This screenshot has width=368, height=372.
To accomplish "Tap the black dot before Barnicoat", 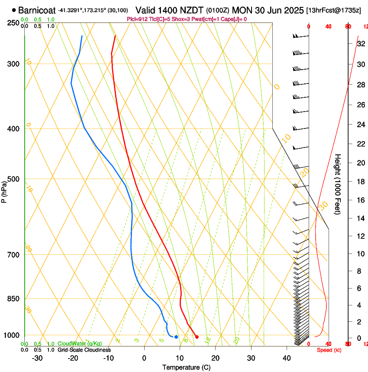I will coord(14,10).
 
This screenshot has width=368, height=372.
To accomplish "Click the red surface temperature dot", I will coord(197,337).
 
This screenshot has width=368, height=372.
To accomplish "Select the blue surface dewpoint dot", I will coord(176,337).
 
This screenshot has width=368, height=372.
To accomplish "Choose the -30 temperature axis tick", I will coord(37,358).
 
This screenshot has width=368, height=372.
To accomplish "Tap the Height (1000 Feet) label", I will coord(338,184).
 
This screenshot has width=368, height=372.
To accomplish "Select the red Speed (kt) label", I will coord(329,350).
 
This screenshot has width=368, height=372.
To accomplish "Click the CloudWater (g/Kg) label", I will coord(80,343).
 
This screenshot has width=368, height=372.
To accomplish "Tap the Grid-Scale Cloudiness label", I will coord(84,350).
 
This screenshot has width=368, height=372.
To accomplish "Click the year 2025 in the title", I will coord(292,10).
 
